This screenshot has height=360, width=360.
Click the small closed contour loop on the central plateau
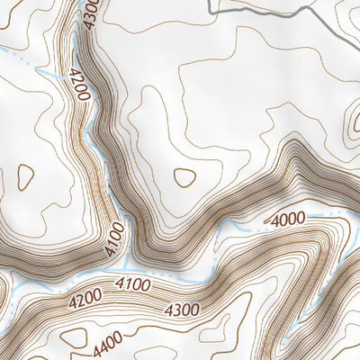pyautogui.click(x=184, y=177)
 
